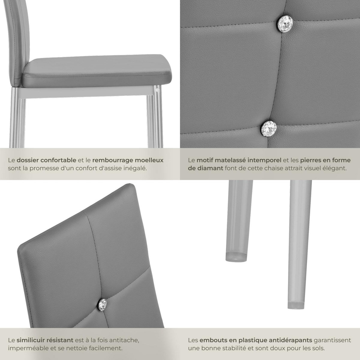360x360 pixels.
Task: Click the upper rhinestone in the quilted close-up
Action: click(x=284, y=24)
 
